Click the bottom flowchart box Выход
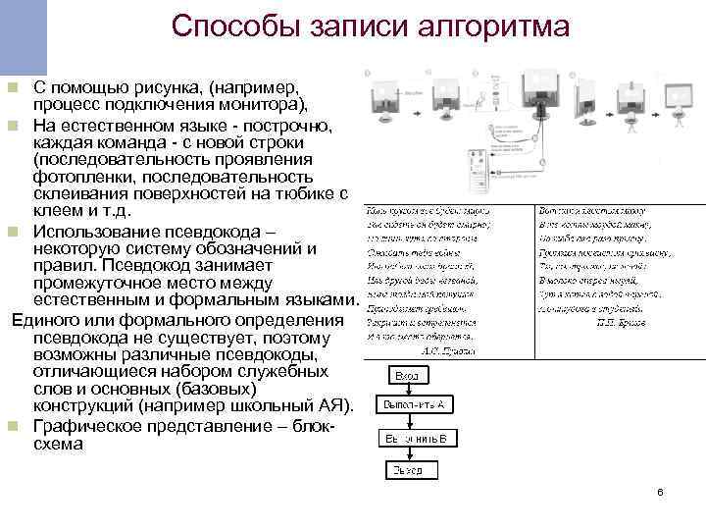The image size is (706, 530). (408, 470)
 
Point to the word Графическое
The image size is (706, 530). (90, 426)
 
